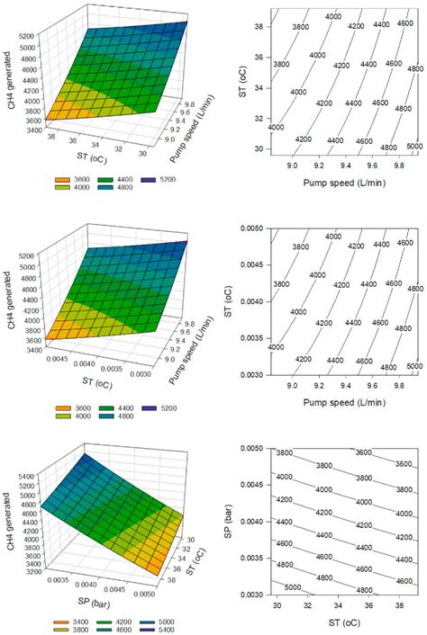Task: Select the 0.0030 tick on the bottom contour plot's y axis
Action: (253, 595)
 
